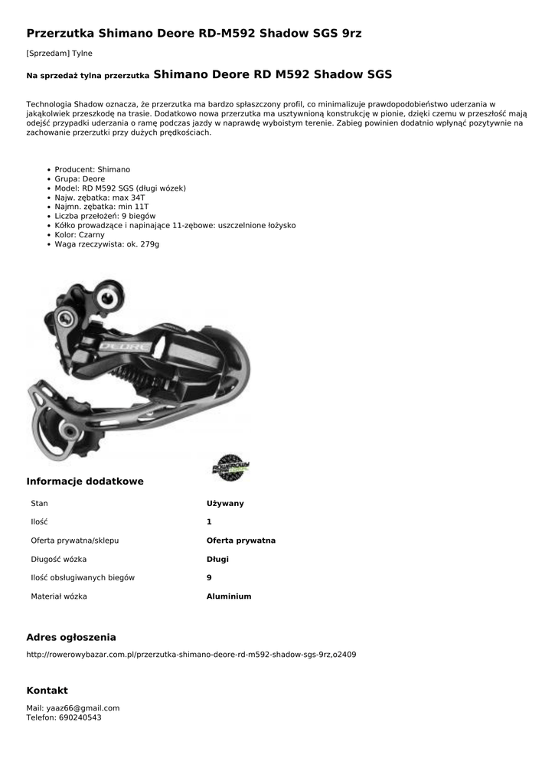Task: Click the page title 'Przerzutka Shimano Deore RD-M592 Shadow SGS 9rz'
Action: (194, 34)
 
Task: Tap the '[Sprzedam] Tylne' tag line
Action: (59, 53)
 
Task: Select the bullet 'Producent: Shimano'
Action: (92, 169)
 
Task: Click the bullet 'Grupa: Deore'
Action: (80, 178)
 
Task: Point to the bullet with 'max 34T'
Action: (100, 198)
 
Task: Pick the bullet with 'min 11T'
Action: (102, 207)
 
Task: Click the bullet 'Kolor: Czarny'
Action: (80, 235)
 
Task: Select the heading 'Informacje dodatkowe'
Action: (85, 482)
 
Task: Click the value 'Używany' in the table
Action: (225, 503)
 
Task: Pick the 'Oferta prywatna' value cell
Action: (240, 541)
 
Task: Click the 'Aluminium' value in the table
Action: (228, 596)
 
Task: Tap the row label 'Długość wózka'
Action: (59, 559)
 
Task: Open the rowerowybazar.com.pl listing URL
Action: (191, 655)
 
